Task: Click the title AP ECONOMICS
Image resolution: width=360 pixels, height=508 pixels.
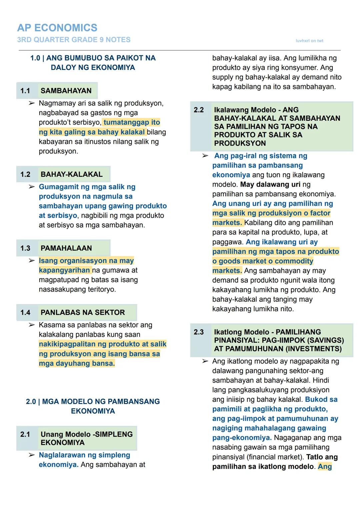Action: [x=57, y=28]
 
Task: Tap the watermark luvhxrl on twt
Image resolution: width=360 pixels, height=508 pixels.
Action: [x=309, y=41]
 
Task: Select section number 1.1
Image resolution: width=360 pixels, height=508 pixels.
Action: [x=25, y=91]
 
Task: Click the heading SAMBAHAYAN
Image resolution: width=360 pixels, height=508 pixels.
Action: [x=66, y=91]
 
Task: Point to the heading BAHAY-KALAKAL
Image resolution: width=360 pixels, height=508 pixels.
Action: [x=72, y=174]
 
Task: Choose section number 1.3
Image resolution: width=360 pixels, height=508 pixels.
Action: [x=25, y=248]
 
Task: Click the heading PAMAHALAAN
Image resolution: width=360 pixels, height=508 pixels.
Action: [x=66, y=248]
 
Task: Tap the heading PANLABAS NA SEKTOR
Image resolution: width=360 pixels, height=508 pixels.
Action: [x=83, y=312]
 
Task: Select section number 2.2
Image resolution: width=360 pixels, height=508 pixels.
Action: [x=199, y=110]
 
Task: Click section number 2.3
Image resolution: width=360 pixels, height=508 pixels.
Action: [x=199, y=332]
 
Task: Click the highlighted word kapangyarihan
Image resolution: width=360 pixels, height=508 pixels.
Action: [x=64, y=270]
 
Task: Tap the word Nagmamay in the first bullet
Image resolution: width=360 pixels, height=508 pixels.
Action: [x=55, y=103]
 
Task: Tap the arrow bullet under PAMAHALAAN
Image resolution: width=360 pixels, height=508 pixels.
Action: [x=32, y=260]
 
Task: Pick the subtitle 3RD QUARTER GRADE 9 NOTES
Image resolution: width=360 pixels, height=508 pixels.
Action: [x=74, y=40]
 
